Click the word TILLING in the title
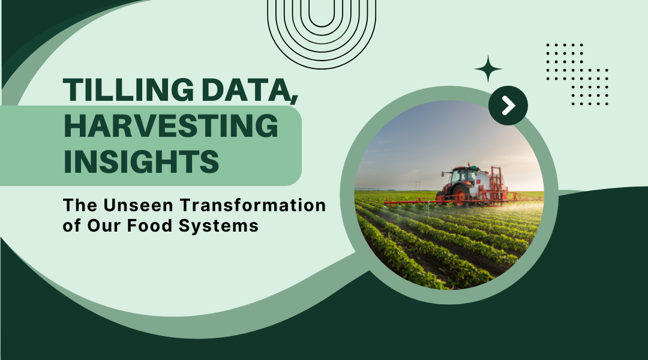pyautogui.click(x=128, y=89)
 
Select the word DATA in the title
pyautogui.click(x=246, y=89)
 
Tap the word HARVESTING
pyautogui.click(x=171, y=125)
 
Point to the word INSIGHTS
pyautogui.click(x=142, y=161)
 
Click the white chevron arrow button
pyautogui.click(x=508, y=106)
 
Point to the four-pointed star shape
pyautogui.click(x=488, y=69)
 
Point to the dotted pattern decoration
pyautogui.click(x=577, y=74)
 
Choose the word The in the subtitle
pyautogui.click(x=80, y=205)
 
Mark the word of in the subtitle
pyautogui.click(x=71, y=226)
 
